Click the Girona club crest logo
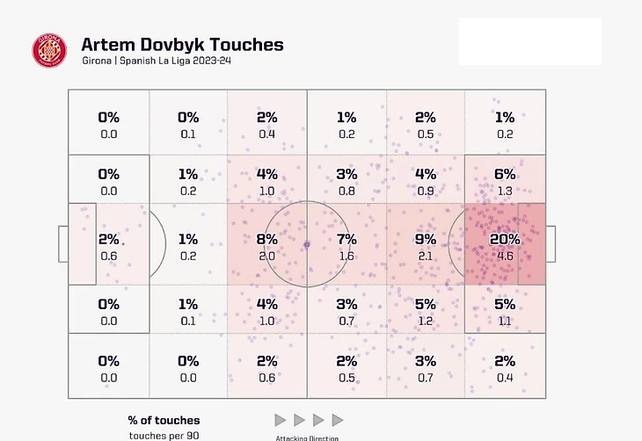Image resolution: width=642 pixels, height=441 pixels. [x=48, y=51]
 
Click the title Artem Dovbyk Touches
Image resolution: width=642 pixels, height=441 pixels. [x=182, y=44]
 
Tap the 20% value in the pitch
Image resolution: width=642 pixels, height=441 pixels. [x=504, y=239]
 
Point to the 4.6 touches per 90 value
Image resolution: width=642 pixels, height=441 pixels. [x=504, y=256]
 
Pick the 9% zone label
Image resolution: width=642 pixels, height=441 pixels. [x=425, y=239]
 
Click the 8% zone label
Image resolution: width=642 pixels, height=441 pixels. [x=267, y=239]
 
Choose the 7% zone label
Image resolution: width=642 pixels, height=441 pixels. [x=346, y=239]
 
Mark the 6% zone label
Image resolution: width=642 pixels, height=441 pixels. [x=504, y=174]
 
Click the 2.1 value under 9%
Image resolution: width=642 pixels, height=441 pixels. [x=425, y=256]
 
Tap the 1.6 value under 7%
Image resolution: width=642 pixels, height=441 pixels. [x=346, y=256]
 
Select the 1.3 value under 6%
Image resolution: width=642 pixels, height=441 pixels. [x=504, y=191]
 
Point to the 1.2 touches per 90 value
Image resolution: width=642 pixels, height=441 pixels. [x=425, y=321]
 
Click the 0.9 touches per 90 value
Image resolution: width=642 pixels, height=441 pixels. [x=425, y=191]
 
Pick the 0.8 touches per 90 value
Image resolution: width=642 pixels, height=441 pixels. [x=346, y=191]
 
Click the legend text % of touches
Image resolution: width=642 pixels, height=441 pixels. [x=164, y=421]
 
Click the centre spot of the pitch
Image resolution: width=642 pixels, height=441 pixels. [x=306, y=244]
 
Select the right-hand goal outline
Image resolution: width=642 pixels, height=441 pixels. [x=551, y=244]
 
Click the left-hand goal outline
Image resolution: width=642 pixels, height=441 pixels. [x=62, y=244]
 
